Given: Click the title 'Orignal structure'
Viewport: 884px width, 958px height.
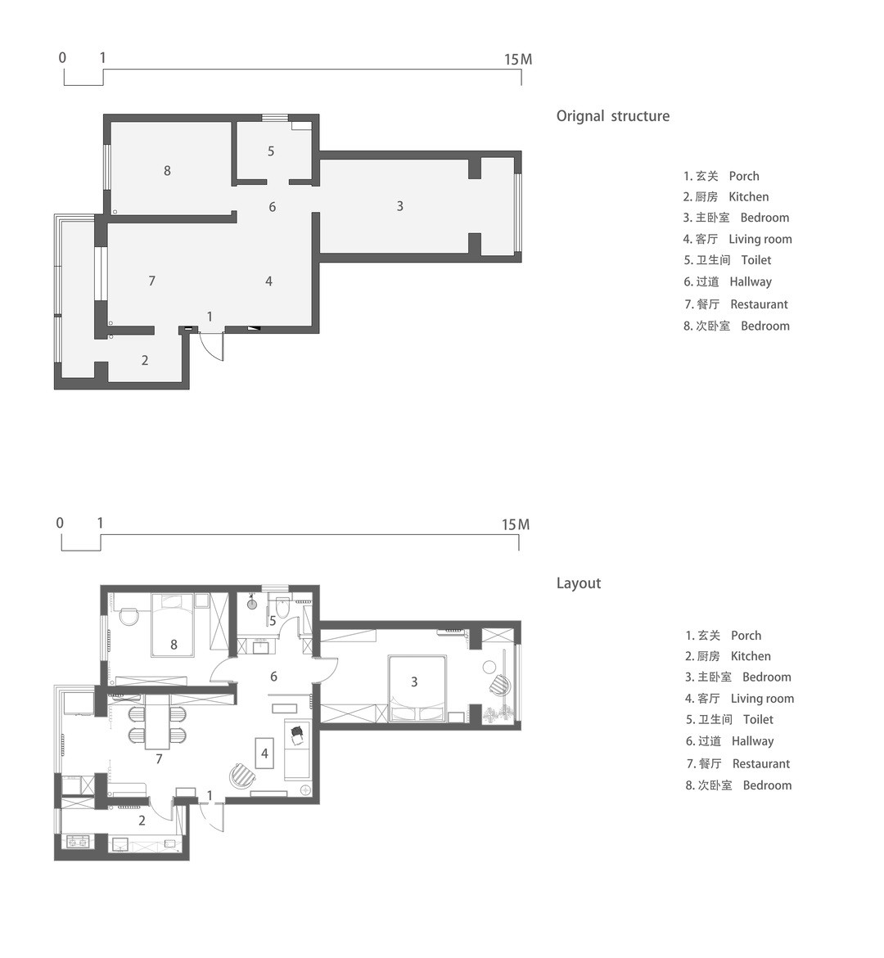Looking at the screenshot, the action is pyautogui.click(x=612, y=116).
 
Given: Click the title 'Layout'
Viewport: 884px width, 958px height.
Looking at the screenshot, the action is pyautogui.click(x=579, y=583).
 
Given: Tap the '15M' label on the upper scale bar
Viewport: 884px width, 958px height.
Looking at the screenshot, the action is pyautogui.click(x=518, y=59).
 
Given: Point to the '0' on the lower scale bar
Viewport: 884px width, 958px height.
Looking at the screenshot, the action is pyautogui.click(x=59, y=523).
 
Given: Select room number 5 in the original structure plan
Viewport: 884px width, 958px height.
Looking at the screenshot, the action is pyautogui.click(x=271, y=151).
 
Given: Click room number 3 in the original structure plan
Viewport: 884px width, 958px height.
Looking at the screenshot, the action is pyautogui.click(x=399, y=206).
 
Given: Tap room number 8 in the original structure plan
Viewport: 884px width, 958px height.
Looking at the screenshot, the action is pyautogui.click(x=167, y=171).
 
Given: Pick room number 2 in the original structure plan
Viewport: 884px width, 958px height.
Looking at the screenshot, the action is pyautogui.click(x=145, y=361).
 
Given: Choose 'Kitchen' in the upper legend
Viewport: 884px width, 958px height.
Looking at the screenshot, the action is pyautogui.click(x=748, y=196).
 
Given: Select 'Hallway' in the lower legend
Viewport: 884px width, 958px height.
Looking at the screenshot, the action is pyautogui.click(x=752, y=741).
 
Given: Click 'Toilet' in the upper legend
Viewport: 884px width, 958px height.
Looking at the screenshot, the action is pyautogui.click(x=756, y=260).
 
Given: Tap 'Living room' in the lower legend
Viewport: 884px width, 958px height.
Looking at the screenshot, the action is pyautogui.click(x=762, y=699).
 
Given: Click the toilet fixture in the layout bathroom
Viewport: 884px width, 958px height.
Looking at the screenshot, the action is pyautogui.click(x=282, y=609).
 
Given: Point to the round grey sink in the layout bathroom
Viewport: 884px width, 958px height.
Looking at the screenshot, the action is pyautogui.click(x=252, y=604).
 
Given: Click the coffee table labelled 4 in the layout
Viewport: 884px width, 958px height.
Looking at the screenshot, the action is pyautogui.click(x=264, y=754).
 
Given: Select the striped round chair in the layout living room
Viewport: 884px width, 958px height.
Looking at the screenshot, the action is pyautogui.click(x=241, y=776).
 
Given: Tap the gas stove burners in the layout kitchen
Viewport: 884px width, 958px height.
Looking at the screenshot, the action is pyautogui.click(x=79, y=842).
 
